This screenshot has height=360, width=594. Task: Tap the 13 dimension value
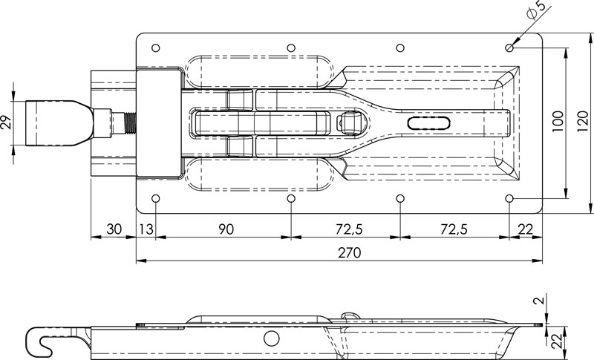(147, 229)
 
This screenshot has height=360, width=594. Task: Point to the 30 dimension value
(114, 229)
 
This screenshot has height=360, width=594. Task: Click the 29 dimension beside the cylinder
(7, 122)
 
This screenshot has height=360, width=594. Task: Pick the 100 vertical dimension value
(558, 122)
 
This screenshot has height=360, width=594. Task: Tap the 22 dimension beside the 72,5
(525, 229)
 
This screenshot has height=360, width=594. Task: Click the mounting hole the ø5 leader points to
(509, 48)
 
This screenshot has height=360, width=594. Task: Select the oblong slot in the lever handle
(430, 123)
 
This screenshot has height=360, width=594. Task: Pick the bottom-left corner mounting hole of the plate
(155, 199)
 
